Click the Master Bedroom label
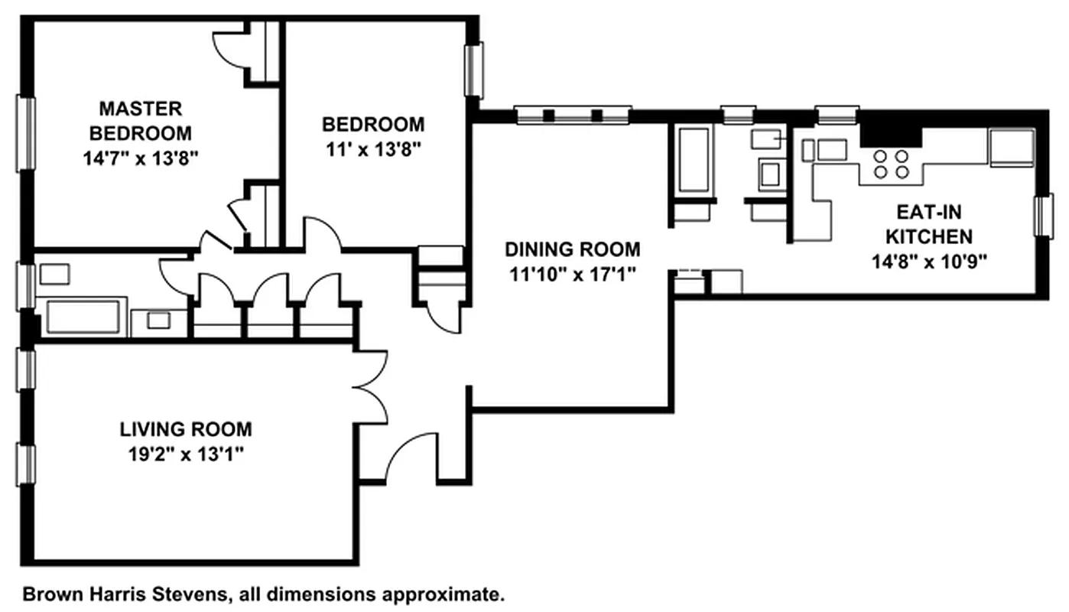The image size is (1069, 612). pyautogui.click(x=140, y=120)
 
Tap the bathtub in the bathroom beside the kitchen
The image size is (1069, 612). pyautogui.click(x=694, y=160)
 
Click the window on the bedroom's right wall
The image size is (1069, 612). pyautogui.click(x=475, y=70)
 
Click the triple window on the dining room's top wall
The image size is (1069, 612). pyautogui.click(x=573, y=116)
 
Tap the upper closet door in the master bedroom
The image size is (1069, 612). pyautogui.click(x=229, y=50)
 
